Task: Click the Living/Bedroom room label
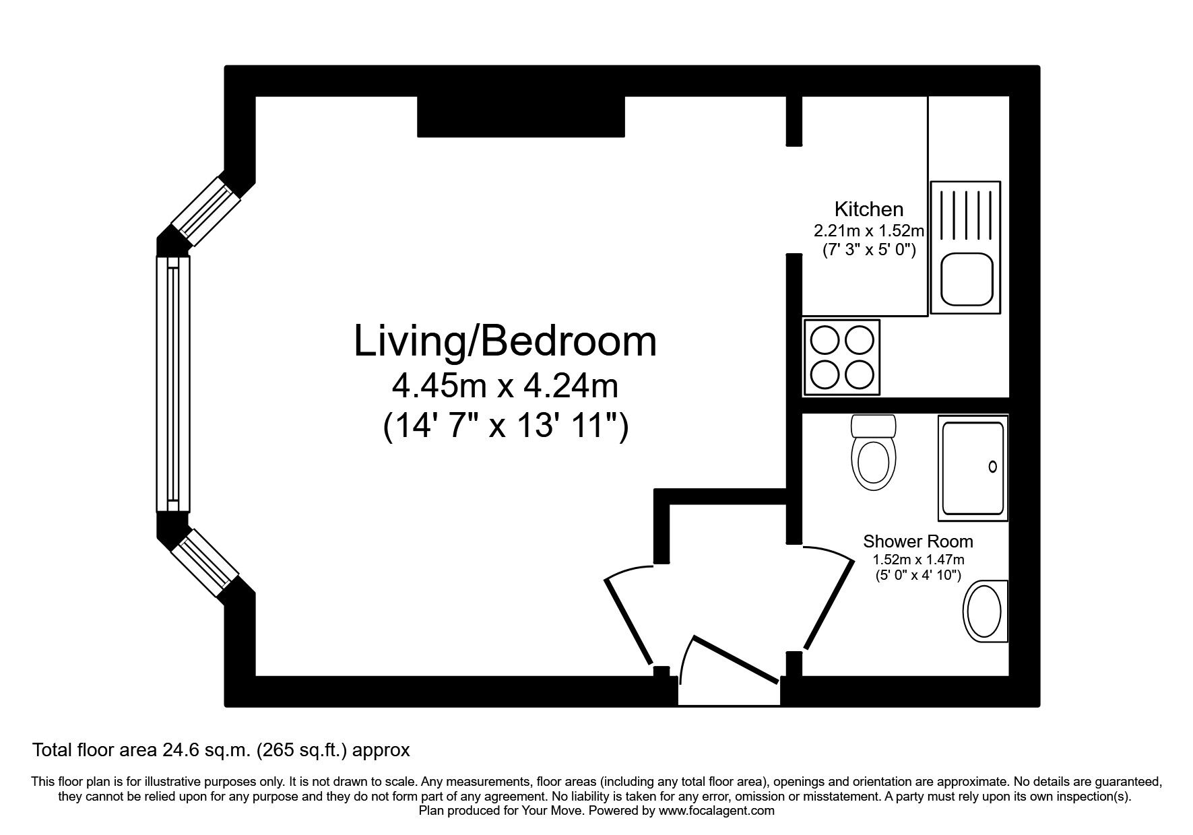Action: [x=505, y=341]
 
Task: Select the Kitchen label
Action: [x=868, y=209]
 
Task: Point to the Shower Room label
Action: [x=917, y=541]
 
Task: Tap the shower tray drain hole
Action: [x=992, y=466]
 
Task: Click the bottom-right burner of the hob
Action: [x=859, y=374]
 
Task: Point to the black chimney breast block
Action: [x=521, y=116]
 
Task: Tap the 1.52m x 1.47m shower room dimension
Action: [x=917, y=560]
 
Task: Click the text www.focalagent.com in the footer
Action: [x=716, y=811]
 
